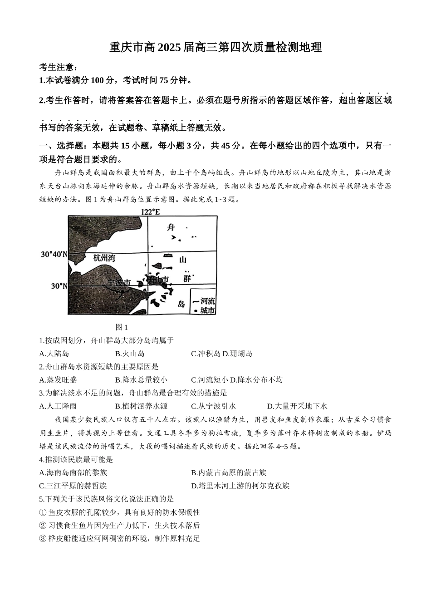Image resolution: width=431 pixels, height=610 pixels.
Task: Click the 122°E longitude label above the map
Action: tap(150, 212)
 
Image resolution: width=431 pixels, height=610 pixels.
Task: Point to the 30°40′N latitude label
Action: tap(54, 255)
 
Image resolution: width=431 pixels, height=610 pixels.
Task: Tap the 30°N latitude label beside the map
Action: tap(59, 286)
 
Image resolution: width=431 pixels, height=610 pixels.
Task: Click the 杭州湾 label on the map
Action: tap(104, 258)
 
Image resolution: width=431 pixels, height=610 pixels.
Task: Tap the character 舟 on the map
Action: tap(171, 227)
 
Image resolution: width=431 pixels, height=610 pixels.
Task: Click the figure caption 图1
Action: tap(122, 327)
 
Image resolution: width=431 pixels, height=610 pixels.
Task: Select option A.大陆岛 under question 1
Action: tap(54, 354)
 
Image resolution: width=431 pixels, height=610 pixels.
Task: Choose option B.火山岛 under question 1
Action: tap(130, 354)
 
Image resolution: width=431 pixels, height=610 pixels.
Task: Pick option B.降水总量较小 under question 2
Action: tap(141, 380)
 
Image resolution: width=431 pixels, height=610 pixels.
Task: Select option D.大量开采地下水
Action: tap(297, 406)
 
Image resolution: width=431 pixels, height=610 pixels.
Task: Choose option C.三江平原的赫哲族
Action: tap(73, 486)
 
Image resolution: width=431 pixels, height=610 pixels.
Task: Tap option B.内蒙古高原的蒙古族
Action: tap(229, 472)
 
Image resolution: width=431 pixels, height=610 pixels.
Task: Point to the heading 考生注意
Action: tap(55, 67)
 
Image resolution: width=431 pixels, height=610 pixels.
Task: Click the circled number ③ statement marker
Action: tap(43, 539)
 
